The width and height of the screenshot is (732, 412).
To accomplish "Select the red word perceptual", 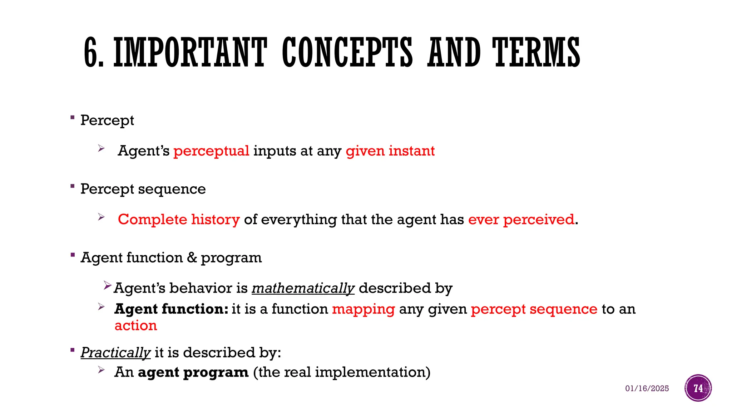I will point(211,151).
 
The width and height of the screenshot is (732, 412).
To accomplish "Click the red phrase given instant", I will point(390,151).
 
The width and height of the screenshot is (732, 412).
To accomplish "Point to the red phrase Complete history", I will point(179,219).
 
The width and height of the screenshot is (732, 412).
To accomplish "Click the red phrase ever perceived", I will point(521,219).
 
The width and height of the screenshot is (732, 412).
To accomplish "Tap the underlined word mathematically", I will point(303,288).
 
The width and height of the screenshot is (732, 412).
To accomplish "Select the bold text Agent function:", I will point(171,309).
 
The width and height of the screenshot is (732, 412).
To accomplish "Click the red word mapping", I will point(363,309).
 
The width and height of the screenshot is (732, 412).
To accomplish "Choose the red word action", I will point(136,325).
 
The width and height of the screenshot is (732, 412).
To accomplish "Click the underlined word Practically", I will point(115,352).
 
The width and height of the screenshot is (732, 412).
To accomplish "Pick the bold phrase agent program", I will point(193,372).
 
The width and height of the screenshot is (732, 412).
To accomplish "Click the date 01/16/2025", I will point(647,388).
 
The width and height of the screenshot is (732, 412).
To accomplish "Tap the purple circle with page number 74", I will point(698,388).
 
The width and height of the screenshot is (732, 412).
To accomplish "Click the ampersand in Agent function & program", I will point(192,257).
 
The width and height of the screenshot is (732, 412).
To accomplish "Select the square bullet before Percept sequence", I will point(73,186).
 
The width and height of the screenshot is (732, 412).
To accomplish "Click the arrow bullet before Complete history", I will point(102,217).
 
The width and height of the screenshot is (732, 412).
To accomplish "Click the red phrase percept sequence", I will point(534,309).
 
